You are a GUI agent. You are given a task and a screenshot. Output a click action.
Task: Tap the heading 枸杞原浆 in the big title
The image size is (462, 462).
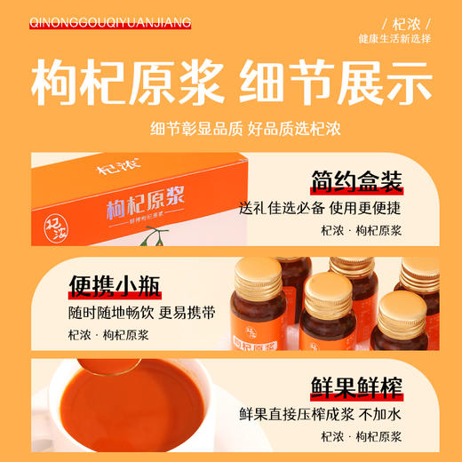point(126,84)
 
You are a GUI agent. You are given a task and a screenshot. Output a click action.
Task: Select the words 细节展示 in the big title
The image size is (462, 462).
point(336,84)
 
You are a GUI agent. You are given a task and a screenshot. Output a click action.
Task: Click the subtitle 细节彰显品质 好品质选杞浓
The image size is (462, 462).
point(231,130)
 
